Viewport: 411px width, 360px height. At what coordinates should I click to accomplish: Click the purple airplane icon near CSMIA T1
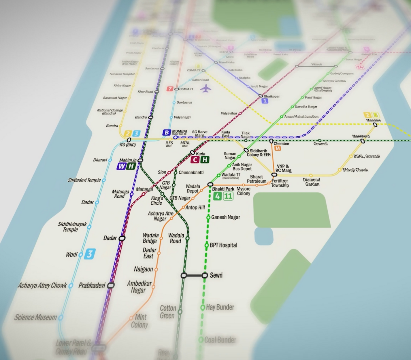point(205,88)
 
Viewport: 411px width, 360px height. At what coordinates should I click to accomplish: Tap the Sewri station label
point(216,275)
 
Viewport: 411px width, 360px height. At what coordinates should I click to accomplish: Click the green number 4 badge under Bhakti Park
point(217,196)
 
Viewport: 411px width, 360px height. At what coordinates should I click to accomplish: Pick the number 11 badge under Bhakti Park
point(228,196)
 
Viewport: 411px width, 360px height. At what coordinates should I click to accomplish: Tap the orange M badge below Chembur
point(278,148)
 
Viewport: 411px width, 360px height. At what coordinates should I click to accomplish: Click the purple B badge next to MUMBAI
point(167,132)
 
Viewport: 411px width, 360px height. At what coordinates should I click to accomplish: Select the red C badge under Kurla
point(195,160)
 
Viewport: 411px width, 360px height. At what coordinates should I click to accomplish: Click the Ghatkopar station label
point(272,96)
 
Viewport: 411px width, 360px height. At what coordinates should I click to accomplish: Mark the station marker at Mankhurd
point(363,141)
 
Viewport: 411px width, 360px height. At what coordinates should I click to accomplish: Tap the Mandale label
point(373,120)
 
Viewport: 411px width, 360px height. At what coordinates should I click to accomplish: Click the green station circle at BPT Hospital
point(207,245)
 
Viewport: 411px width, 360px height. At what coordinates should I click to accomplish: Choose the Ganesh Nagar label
point(225,217)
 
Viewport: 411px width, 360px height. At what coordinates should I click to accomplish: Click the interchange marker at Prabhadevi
point(111,285)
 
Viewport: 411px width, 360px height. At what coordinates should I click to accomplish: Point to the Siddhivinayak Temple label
point(72,227)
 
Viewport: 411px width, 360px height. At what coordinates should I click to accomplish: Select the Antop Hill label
point(195,208)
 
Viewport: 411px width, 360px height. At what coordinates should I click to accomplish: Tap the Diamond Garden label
point(312,182)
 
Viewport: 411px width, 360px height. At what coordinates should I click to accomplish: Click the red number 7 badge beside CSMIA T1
point(170,89)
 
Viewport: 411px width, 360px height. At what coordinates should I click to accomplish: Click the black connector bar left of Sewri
point(194,276)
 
